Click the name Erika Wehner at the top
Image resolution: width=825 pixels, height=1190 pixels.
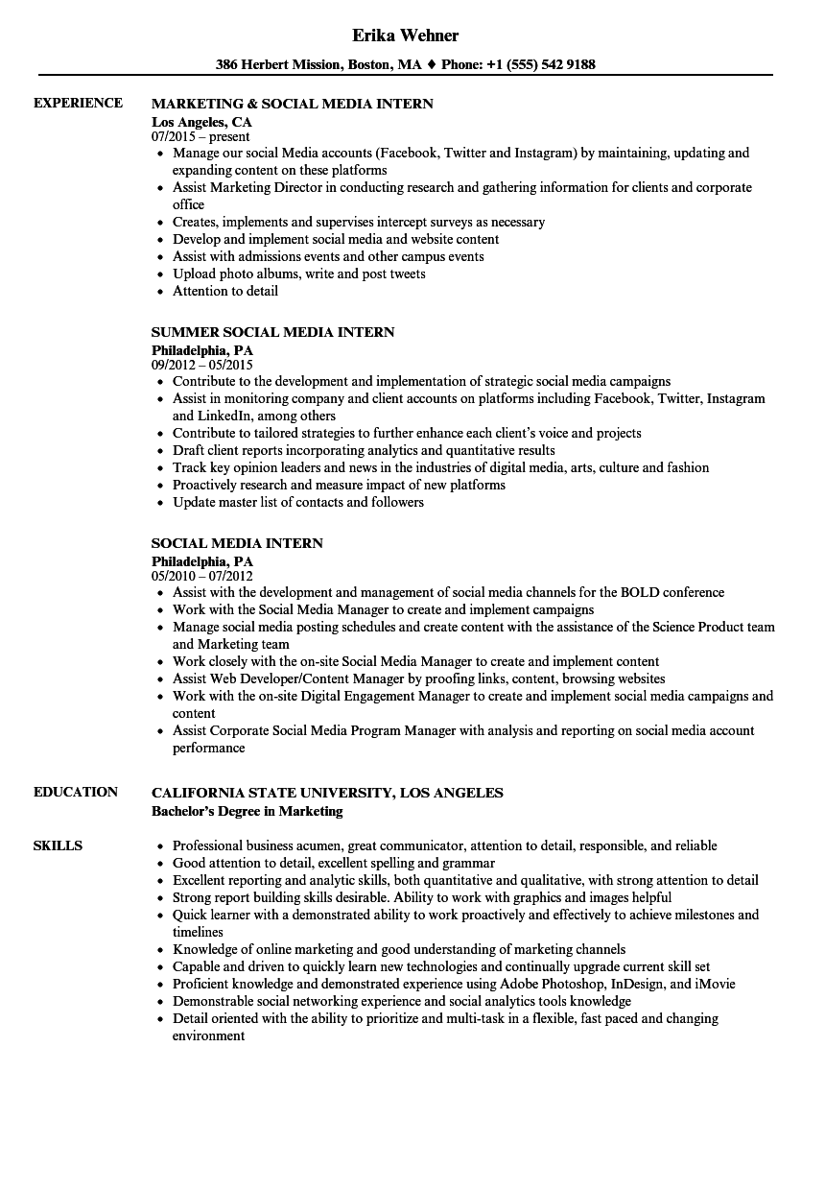point(405,36)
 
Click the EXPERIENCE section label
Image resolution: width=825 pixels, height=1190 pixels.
point(78,103)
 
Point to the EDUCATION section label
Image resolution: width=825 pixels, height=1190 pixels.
point(76,792)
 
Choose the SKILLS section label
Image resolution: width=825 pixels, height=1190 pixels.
point(58,845)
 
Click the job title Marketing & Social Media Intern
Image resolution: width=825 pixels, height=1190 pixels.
point(293,103)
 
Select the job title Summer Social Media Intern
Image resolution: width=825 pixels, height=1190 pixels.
point(273,332)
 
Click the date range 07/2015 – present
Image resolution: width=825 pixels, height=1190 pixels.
point(200,136)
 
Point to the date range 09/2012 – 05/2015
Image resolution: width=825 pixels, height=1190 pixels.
point(202,365)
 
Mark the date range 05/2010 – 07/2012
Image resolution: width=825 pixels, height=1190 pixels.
point(201,576)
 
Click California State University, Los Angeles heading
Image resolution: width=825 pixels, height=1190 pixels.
point(327,793)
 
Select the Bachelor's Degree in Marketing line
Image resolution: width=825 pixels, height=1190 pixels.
point(247,811)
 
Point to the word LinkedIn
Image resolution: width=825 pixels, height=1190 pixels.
point(200,416)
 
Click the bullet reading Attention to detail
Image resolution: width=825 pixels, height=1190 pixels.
point(225,291)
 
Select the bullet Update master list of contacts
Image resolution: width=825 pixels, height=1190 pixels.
point(298,502)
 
